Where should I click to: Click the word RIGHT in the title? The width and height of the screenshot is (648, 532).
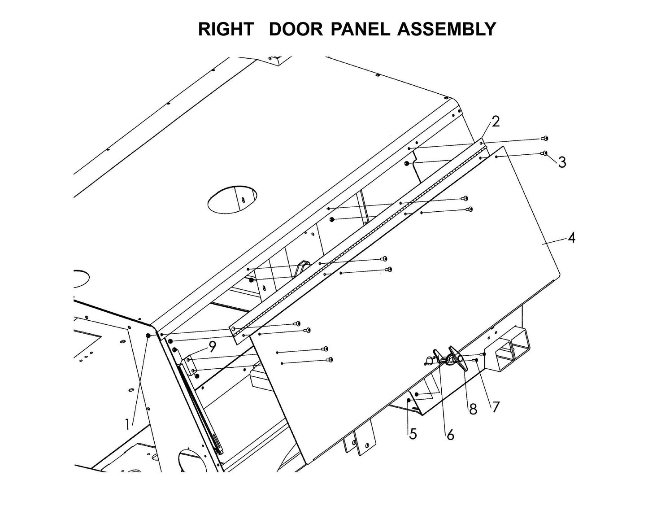(226, 29)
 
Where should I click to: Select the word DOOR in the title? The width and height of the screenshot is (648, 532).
(296, 29)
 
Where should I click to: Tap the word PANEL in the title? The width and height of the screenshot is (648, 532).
(361, 29)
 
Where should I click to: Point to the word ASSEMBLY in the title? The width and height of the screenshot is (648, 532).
(447, 29)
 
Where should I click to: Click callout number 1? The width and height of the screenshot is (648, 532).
(128, 424)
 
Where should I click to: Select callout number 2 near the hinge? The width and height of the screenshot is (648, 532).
(495, 122)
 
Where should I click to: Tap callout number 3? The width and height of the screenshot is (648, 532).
(562, 162)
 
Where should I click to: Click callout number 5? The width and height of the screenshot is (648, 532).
(413, 434)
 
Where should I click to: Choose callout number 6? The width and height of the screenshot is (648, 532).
(450, 434)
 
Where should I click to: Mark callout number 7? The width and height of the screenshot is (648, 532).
(496, 407)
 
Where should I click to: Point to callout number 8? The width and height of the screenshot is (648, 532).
(473, 410)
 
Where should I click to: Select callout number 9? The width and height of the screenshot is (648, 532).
(212, 346)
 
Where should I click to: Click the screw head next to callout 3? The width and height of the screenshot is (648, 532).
(545, 153)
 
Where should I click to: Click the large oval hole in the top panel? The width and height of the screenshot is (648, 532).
(232, 199)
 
